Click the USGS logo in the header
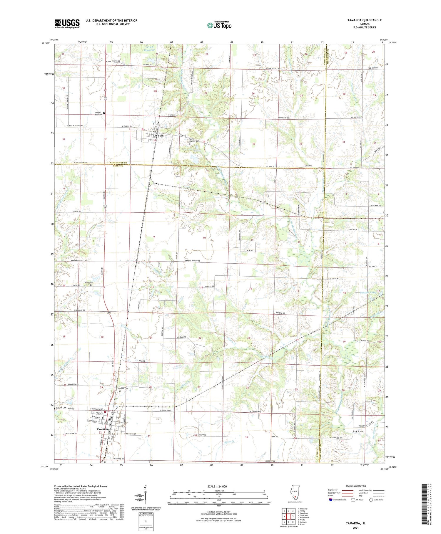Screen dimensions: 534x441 point(67,24)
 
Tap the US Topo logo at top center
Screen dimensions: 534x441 point(219,25)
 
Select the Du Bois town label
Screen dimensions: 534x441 point(158,135)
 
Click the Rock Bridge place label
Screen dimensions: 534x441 point(358,431)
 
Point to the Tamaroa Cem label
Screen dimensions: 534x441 point(123,388)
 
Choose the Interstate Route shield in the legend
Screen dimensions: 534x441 point(330,500)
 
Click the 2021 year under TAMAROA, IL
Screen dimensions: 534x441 point(355,528)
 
